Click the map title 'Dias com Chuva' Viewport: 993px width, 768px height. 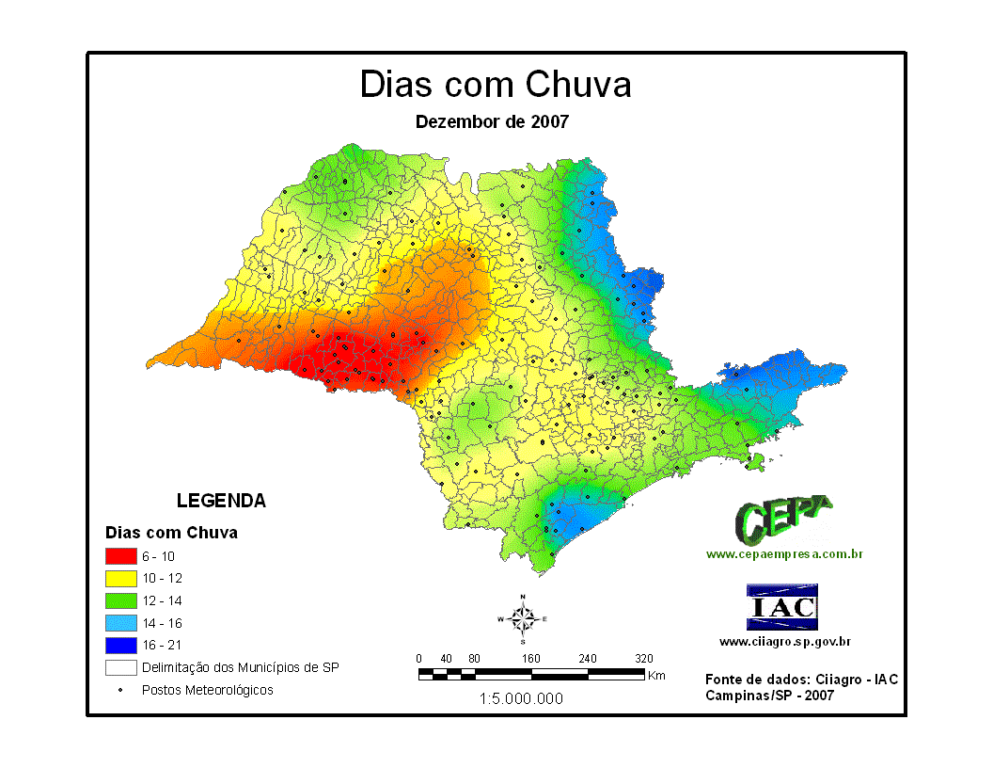click(x=496, y=85)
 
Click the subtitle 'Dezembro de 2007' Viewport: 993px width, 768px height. click(x=492, y=121)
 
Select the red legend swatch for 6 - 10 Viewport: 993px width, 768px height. click(x=120, y=555)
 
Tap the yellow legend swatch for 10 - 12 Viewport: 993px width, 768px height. click(x=120, y=578)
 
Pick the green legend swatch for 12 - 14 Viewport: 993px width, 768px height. click(x=120, y=600)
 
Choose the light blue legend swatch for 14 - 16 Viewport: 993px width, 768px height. click(x=120, y=623)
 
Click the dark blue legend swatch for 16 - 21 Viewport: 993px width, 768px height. click(x=120, y=646)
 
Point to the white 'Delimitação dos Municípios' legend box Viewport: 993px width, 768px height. click(x=120, y=668)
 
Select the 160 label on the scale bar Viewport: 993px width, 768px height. click(x=531, y=659)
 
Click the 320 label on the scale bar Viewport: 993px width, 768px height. click(x=644, y=659)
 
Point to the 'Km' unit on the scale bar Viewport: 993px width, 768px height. click(x=656, y=676)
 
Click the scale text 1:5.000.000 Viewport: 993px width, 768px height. click(x=521, y=699)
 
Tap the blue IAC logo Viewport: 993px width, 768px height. click(x=781, y=607)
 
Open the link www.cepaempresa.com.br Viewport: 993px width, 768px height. click(x=784, y=554)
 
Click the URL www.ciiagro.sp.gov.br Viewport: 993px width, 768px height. click(x=785, y=642)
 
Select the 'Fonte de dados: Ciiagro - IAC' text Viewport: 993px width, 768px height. click(x=793, y=680)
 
